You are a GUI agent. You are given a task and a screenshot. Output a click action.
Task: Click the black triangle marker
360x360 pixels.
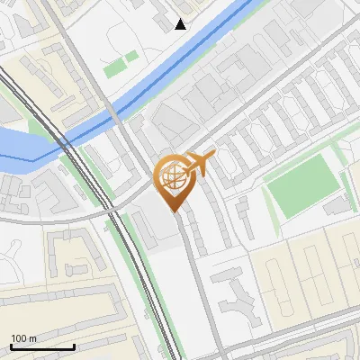181,24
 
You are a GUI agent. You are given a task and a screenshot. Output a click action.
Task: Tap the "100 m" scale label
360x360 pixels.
24,337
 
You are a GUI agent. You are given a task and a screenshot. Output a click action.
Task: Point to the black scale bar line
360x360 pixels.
42,346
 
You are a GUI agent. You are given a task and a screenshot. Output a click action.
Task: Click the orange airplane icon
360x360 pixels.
200,163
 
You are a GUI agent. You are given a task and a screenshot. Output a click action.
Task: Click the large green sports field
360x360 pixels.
303,186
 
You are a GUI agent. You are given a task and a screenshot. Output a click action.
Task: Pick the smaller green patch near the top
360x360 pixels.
132,57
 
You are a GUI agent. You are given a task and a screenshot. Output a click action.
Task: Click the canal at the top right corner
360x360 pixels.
252,9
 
